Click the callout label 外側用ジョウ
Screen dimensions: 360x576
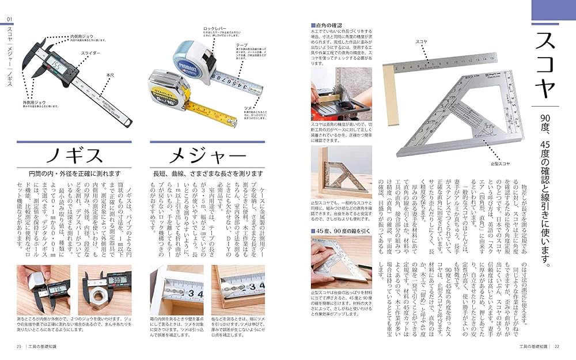47,102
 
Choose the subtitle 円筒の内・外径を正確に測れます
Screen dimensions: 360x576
75,173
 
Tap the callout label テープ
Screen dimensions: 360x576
242,44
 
